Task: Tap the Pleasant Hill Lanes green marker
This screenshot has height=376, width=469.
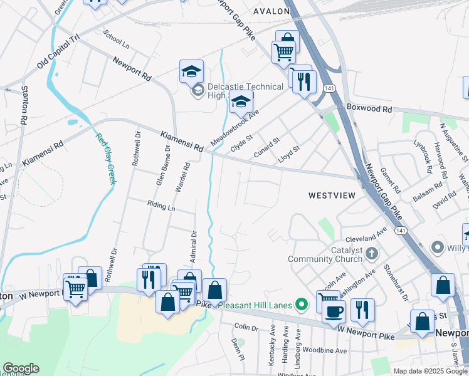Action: coord(302,306)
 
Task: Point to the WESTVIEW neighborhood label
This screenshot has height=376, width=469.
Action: coord(332,196)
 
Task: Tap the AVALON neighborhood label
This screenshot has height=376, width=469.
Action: coord(271,11)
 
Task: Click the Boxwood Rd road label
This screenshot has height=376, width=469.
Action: coord(369,108)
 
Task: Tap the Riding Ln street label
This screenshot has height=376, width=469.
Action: coord(161,206)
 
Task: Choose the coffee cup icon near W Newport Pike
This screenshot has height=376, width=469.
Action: coord(334,311)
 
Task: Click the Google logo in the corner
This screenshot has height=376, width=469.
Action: coord(20,368)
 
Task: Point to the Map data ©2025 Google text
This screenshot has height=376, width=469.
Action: coord(429,371)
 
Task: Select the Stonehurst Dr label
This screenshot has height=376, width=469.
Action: coord(396,285)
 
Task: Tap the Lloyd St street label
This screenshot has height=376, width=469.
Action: coord(289,154)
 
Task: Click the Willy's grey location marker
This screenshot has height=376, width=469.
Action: coord(438,249)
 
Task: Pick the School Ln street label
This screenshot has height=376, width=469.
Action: coord(117,40)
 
